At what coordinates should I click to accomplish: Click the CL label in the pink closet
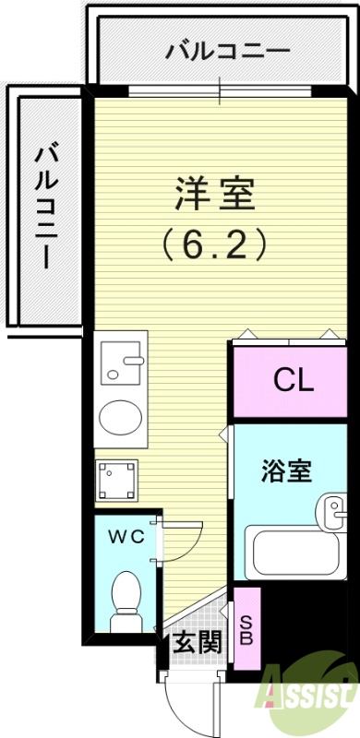293,379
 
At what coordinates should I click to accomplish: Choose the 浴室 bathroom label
289,470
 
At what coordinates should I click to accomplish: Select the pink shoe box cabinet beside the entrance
246,628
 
